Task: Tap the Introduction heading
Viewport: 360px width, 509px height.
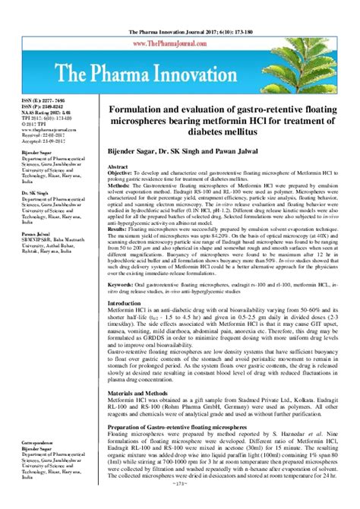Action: pos(128,324)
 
